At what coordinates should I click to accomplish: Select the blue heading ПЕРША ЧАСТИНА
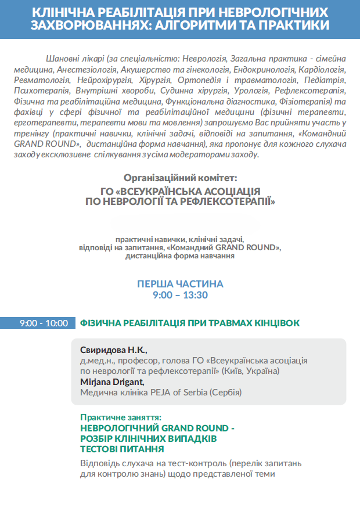pyautogui.click(x=180, y=284)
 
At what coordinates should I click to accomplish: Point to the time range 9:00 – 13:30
pyautogui.click(x=180, y=295)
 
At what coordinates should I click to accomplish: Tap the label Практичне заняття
pyautogui.click(x=121, y=417)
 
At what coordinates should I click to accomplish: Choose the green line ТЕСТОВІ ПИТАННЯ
pyautogui.click(x=122, y=449)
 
